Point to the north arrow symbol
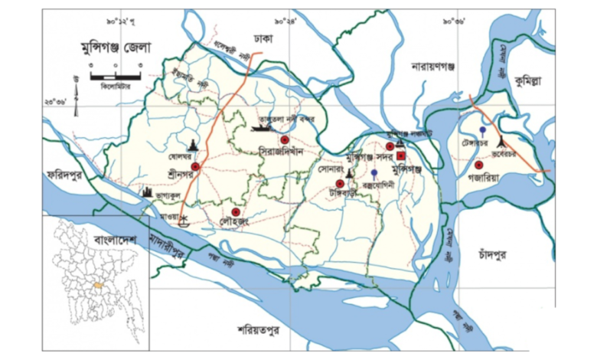coord(76,96)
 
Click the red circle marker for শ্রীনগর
coord(195,165)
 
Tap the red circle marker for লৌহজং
coord(237,212)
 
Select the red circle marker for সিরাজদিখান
coord(283,139)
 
